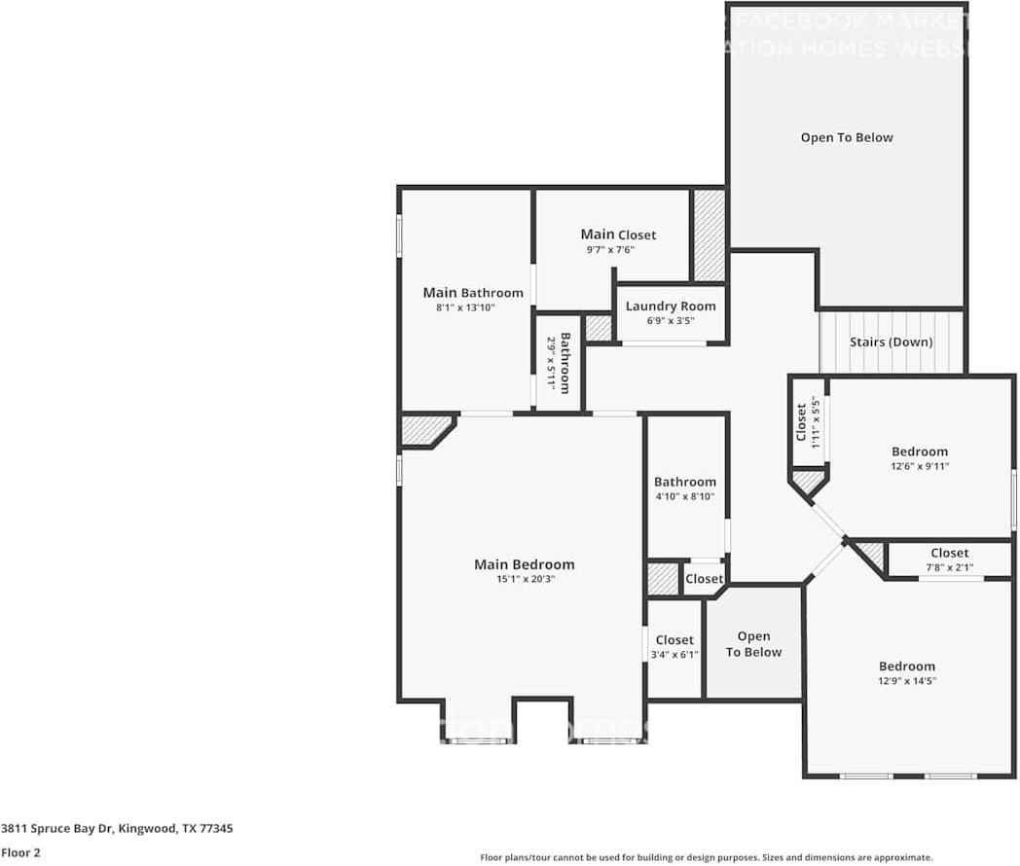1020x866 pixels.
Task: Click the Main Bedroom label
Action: (524, 564)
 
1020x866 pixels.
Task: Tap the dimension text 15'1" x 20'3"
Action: (524, 579)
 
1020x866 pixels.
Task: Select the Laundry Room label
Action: (671, 306)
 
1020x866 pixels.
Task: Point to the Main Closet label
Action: (618, 235)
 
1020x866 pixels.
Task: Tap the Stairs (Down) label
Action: (891, 342)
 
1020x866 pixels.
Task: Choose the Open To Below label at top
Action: (847, 137)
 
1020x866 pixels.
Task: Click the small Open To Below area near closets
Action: (754, 644)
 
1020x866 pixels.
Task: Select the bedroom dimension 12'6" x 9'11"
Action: (920, 466)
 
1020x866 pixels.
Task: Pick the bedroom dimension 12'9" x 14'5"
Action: (906, 681)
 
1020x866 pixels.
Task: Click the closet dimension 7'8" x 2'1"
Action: (949, 567)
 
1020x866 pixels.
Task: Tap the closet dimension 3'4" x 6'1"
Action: (674, 655)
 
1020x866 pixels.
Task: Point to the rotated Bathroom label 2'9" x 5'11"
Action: (557, 364)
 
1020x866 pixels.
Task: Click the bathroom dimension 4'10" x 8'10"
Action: (684, 496)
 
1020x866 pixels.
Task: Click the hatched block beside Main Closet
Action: (709, 235)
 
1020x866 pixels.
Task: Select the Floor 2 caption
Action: (19, 852)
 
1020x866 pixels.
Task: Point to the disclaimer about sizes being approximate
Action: (706, 857)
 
